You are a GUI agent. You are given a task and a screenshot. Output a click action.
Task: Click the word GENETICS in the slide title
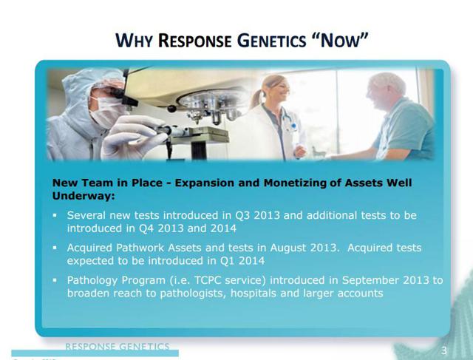271,41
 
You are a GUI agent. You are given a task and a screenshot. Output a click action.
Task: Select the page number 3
444,350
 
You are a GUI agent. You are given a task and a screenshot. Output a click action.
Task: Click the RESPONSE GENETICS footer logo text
118,346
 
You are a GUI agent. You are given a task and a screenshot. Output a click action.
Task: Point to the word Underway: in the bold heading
84,196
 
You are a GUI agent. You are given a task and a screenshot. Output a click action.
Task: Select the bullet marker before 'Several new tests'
55,215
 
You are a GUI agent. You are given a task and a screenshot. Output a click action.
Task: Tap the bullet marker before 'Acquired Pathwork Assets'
55,248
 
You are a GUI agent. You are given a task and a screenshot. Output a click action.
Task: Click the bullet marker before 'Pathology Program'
55,280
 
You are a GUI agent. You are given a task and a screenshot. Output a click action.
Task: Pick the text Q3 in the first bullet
242,215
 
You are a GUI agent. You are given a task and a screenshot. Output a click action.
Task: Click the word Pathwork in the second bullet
140,248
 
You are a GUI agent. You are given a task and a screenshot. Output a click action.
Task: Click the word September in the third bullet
370,281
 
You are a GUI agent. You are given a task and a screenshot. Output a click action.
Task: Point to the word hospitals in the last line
253,293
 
